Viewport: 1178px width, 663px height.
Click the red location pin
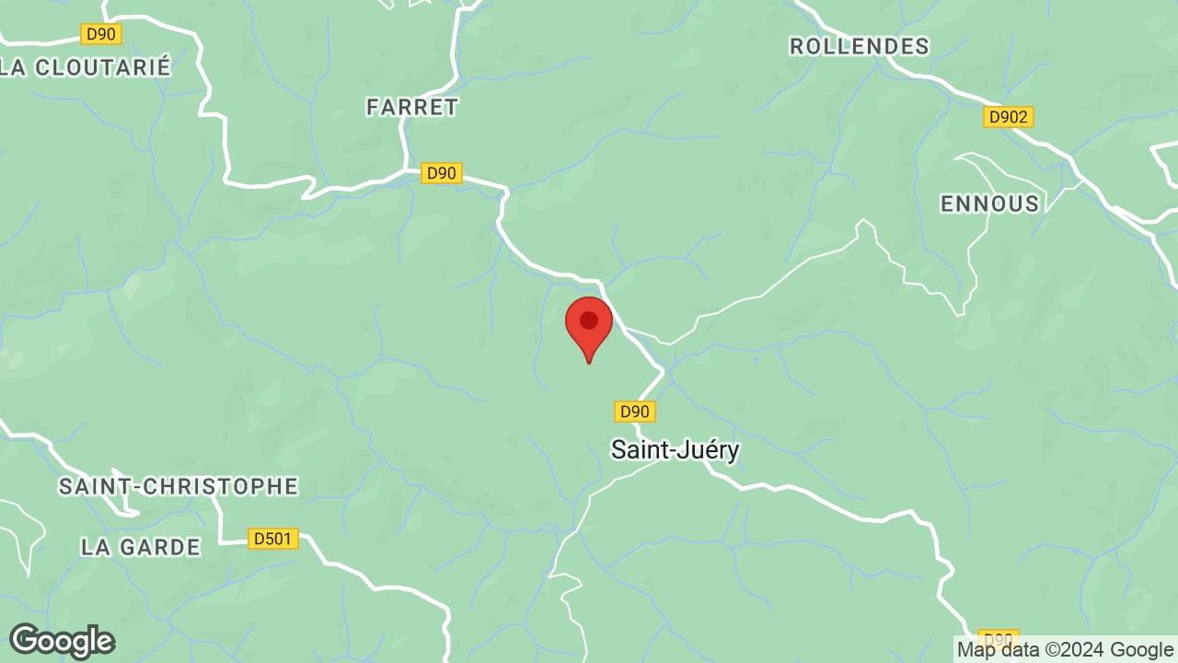tap(589, 328)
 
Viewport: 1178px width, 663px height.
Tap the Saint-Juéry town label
tap(675, 449)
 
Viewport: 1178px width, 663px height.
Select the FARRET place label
tap(411, 107)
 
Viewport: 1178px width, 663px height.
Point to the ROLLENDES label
tap(859, 46)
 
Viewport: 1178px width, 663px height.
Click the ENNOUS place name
tap(989, 204)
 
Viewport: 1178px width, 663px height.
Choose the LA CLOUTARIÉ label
tap(87, 67)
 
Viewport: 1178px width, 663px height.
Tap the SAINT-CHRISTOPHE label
tap(179, 486)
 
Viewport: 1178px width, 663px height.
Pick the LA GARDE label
tap(140, 547)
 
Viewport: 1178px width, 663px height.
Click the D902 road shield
tap(1009, 117)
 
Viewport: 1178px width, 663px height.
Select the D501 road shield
tap(273, 539)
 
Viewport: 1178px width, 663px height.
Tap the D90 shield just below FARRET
tap(441, 173)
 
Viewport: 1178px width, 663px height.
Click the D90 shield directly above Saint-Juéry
tap(634, 412)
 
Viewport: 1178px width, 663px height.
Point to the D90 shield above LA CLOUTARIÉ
tap(100, 35)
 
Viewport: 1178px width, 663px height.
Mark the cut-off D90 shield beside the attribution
tap(998, 637)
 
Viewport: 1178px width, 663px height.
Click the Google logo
tap(62, 641)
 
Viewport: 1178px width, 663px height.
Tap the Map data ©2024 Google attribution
tap(1065, 650)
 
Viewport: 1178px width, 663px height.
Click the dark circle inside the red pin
tap(589, 320)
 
